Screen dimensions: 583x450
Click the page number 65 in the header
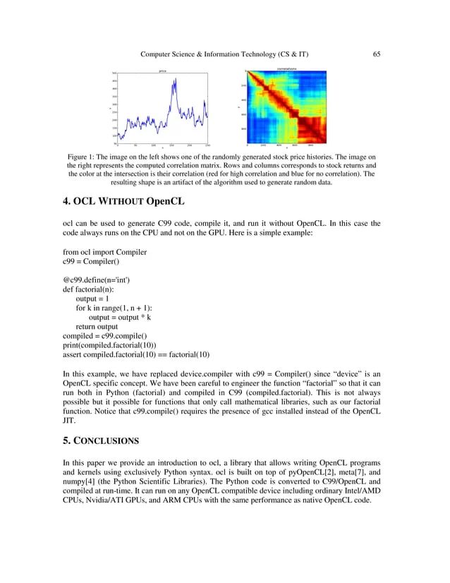tap(377, 54)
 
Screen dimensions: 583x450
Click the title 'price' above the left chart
tap(162, 71)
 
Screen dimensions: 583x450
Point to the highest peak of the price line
tap(171, 79)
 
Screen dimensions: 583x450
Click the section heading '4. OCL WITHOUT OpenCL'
tap(122, 199)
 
